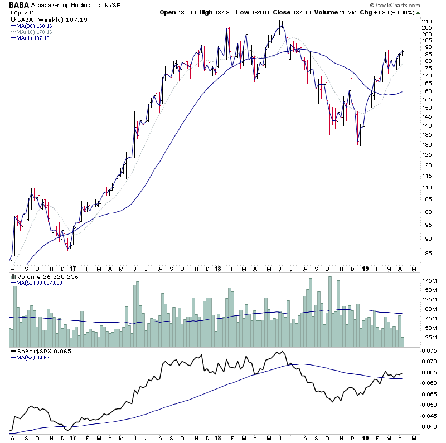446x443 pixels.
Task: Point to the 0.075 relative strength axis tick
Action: tap(430, 351)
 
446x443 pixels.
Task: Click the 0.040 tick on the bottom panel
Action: tap(430, 426)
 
